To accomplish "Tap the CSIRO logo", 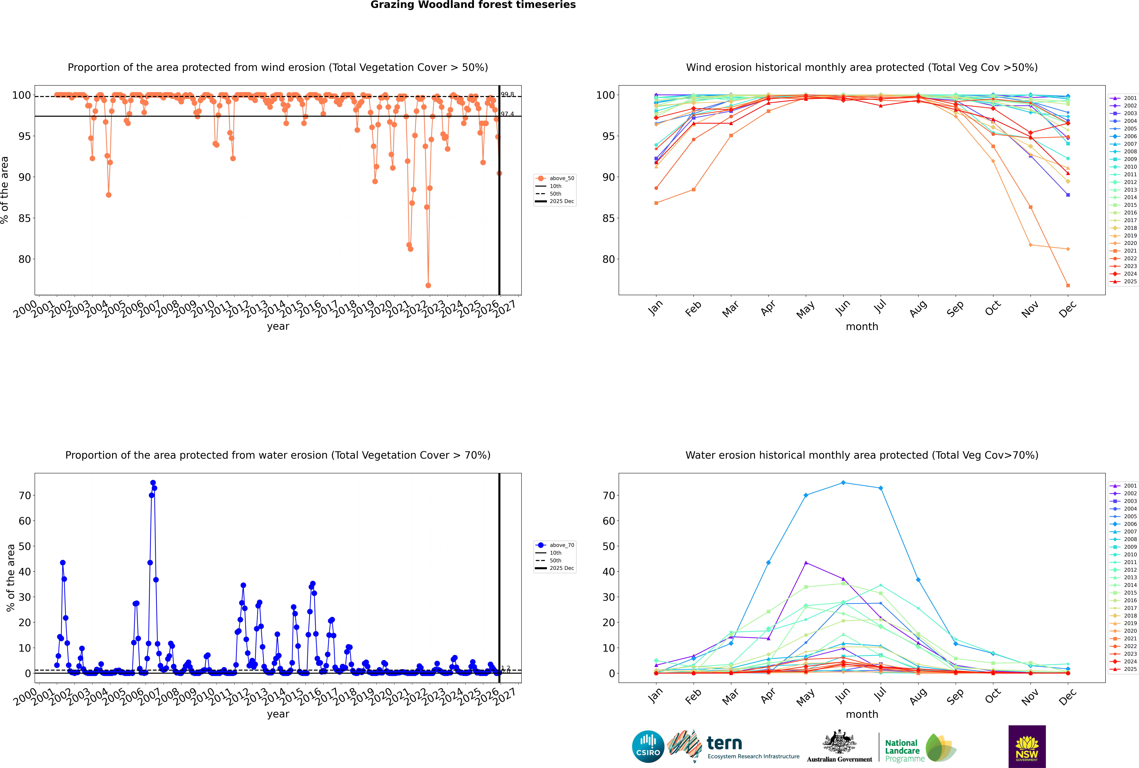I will (x=648, y=746).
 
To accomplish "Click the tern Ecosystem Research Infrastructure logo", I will (x=733, y=746).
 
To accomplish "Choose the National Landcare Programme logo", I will (x=920, y=748).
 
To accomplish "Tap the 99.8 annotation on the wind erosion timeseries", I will (x=507, y=95).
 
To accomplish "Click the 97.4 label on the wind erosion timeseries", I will (x=507, y=114).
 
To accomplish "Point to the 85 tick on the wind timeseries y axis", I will (x=24, y=218).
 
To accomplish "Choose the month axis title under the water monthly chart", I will (x=862, y=714).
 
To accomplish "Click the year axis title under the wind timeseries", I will (x=278, y=326).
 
